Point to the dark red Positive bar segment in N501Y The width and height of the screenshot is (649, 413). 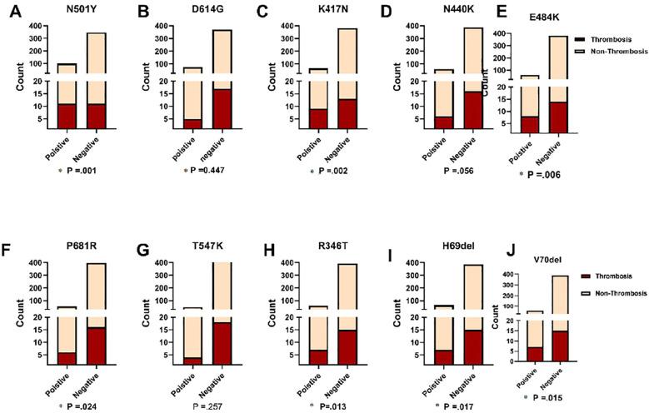pyautogui.click(x=67, y=116)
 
